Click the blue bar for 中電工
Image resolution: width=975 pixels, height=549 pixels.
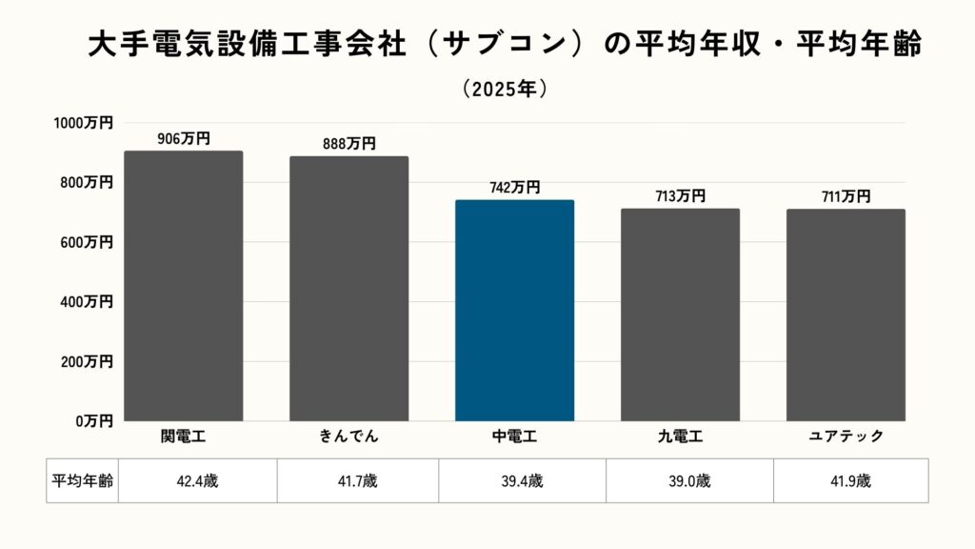(514, 310)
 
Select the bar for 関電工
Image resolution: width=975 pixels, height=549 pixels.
(184, 286)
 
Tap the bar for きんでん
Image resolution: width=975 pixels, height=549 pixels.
(349, 288)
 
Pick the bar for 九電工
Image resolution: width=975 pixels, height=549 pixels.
(680, 315)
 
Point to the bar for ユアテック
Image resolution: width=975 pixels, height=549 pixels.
(846, 315)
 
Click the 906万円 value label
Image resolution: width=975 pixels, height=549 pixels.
(184, 139)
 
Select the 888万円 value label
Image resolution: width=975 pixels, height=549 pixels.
(349, 144)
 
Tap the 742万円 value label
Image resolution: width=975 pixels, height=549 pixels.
(514, 188)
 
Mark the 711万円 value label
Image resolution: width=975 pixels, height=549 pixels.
(846, 196)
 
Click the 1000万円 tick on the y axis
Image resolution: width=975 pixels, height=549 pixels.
(83, 123)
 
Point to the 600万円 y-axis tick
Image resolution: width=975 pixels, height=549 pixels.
(87, 242)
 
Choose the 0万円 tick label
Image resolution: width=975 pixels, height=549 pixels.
(94, 420)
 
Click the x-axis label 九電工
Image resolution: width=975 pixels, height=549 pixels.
(680, 437)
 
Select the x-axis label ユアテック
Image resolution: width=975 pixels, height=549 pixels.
(846, 437)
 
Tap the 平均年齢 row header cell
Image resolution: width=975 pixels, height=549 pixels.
(82, 480)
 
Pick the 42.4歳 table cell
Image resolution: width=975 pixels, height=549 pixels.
(197, 480)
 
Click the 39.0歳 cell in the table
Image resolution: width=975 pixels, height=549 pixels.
(689, 480)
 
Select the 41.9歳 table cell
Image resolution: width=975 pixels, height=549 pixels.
(850, 480)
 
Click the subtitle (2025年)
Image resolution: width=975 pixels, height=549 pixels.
(505, 89)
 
